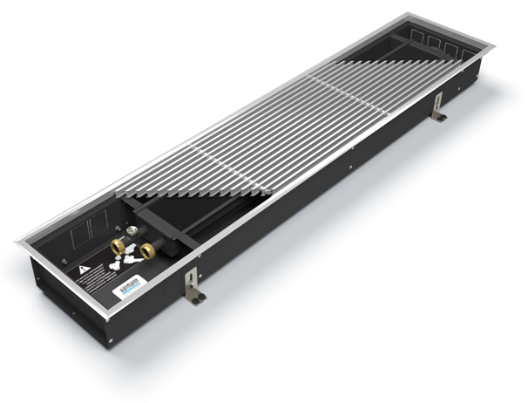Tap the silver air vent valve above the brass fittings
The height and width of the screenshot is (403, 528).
pos(133,232)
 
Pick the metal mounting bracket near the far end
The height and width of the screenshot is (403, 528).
pos(439,106)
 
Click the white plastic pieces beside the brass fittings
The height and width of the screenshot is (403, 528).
pos(124,259)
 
